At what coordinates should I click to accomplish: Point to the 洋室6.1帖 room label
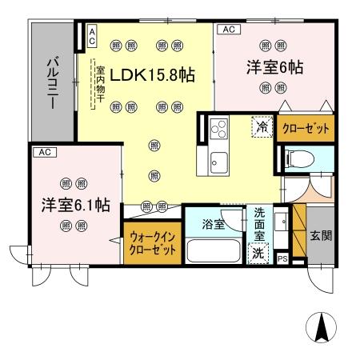pyautogui.click(x=75, y=205)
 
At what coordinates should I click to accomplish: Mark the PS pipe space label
pyautogui.click(x=282, y=258)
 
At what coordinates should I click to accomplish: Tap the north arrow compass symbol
pyautogui.click(x=322, y=328)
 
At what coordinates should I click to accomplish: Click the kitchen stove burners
pyautogui.click(x=218, y=126)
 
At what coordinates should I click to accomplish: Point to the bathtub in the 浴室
pyautogui.click(x=214, y=250)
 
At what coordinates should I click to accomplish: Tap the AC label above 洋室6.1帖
pyautogui.click(x=43, y=150)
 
